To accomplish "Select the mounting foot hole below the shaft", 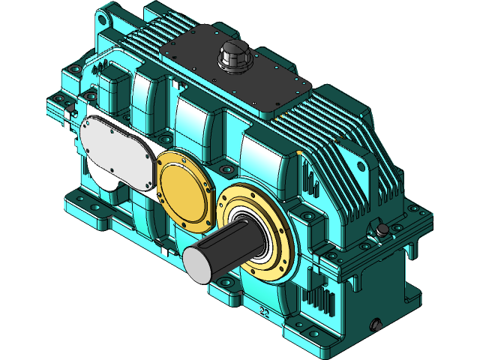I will pyautogui.click(x=225, y=283).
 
